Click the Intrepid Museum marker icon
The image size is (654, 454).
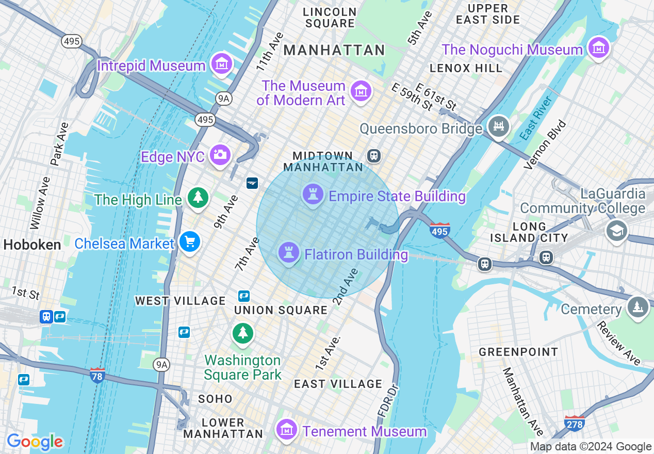coord(222,64)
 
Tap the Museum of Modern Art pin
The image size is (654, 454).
coord(361,91)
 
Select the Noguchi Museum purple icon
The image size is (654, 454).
coord(598,48)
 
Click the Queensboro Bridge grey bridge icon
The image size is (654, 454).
coord(498,126)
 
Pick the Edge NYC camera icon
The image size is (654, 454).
coord(220,154)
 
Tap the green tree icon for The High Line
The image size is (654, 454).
coord(197,198)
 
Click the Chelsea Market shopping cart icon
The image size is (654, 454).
coord(189,241)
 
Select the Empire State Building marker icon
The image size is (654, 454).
coord(313,194)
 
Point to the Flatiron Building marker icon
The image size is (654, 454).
coord(289,253)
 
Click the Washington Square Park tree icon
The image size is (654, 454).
coord(242,333)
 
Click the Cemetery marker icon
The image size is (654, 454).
coord(638,307)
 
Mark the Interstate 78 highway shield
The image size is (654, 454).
coord(97,375)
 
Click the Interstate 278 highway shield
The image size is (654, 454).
coord(575,423)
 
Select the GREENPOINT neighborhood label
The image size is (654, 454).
coord(518,352)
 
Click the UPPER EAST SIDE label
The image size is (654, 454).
coord(487,14)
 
